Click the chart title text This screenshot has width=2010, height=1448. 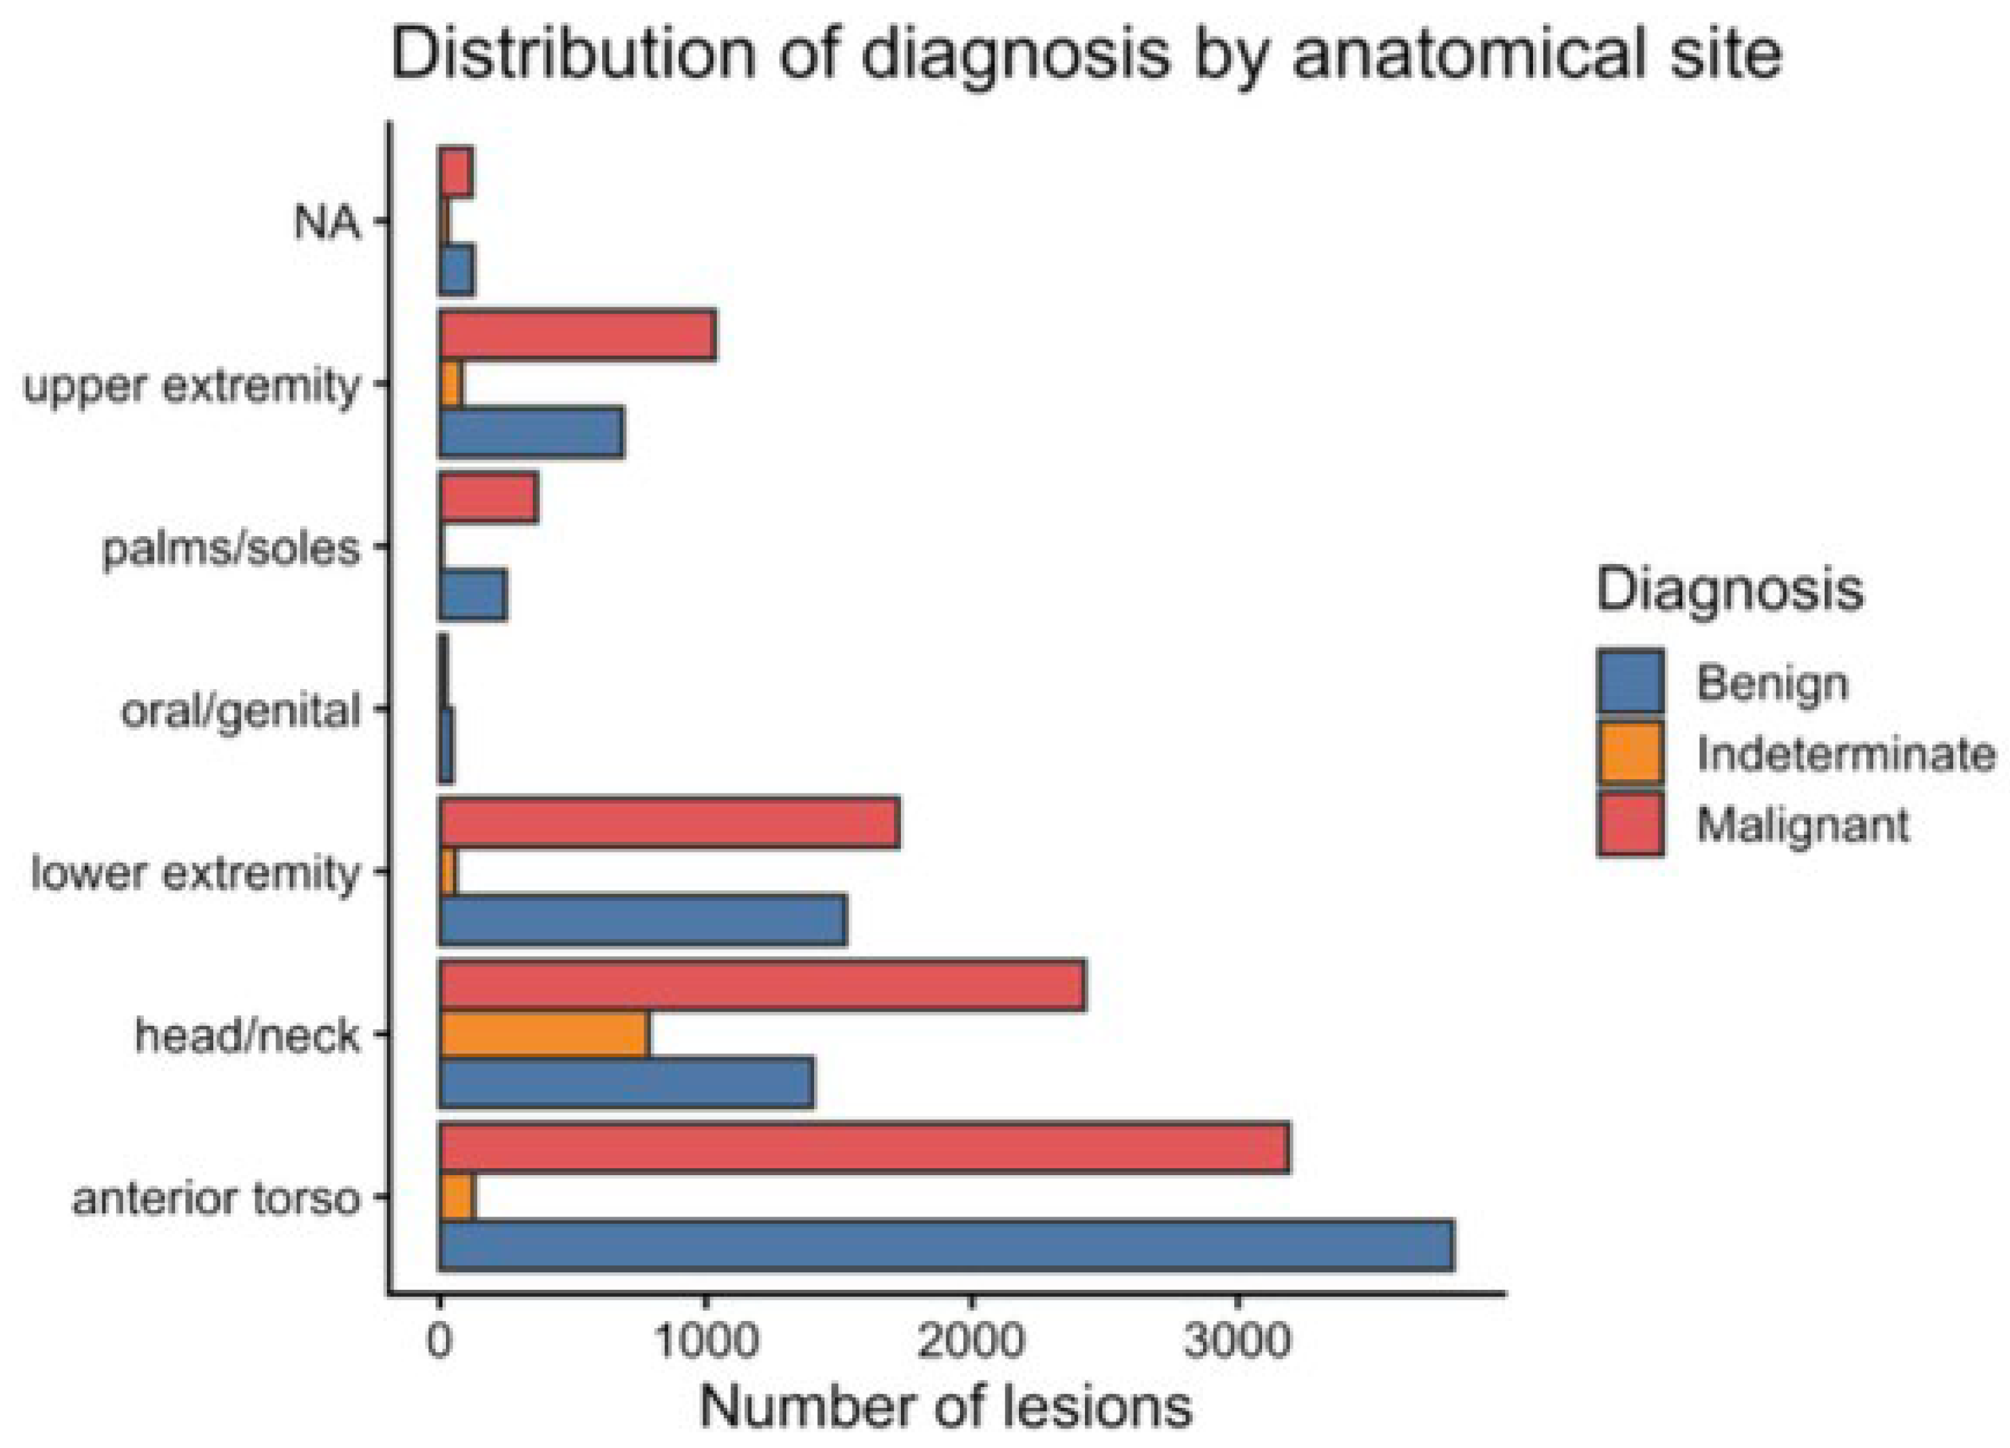click(x=1086, y=53)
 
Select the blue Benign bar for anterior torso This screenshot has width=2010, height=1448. click(x=946, y=1245)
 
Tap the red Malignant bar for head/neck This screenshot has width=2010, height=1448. click(x=762, y=985)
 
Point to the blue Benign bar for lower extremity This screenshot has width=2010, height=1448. click(x=644, y=920)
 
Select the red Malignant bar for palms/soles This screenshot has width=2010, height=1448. click(x=488, y=498)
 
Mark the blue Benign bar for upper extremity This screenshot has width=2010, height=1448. click(x=532, y=432)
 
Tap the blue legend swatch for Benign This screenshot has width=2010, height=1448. click(x=1631, y=681)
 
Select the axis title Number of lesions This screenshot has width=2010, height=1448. click(x=946, y=1407)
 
